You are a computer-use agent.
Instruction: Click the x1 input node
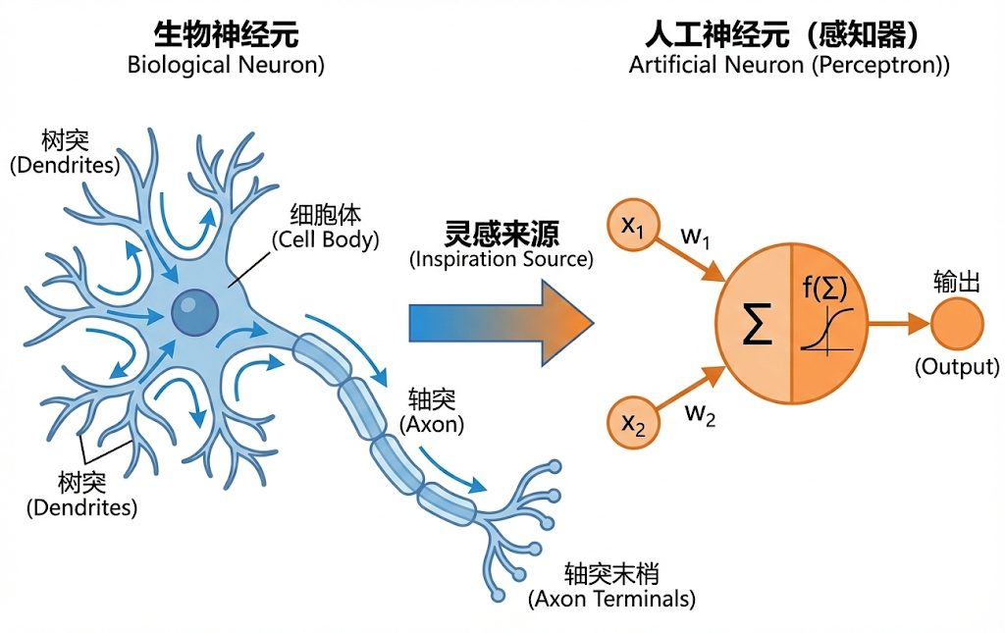632,228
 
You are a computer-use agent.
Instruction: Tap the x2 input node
632,423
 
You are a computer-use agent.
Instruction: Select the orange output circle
957,324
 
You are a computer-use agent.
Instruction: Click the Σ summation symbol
756,326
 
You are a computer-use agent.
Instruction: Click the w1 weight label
696,237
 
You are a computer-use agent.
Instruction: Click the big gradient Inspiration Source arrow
501,323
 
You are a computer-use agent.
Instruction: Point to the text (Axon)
432,426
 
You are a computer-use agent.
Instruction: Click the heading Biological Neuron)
226,66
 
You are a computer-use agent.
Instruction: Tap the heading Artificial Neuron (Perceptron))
789,66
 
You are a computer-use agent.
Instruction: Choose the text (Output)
956,368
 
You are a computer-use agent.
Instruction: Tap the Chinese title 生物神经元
226,35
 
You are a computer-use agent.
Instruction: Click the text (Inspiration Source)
502,260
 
